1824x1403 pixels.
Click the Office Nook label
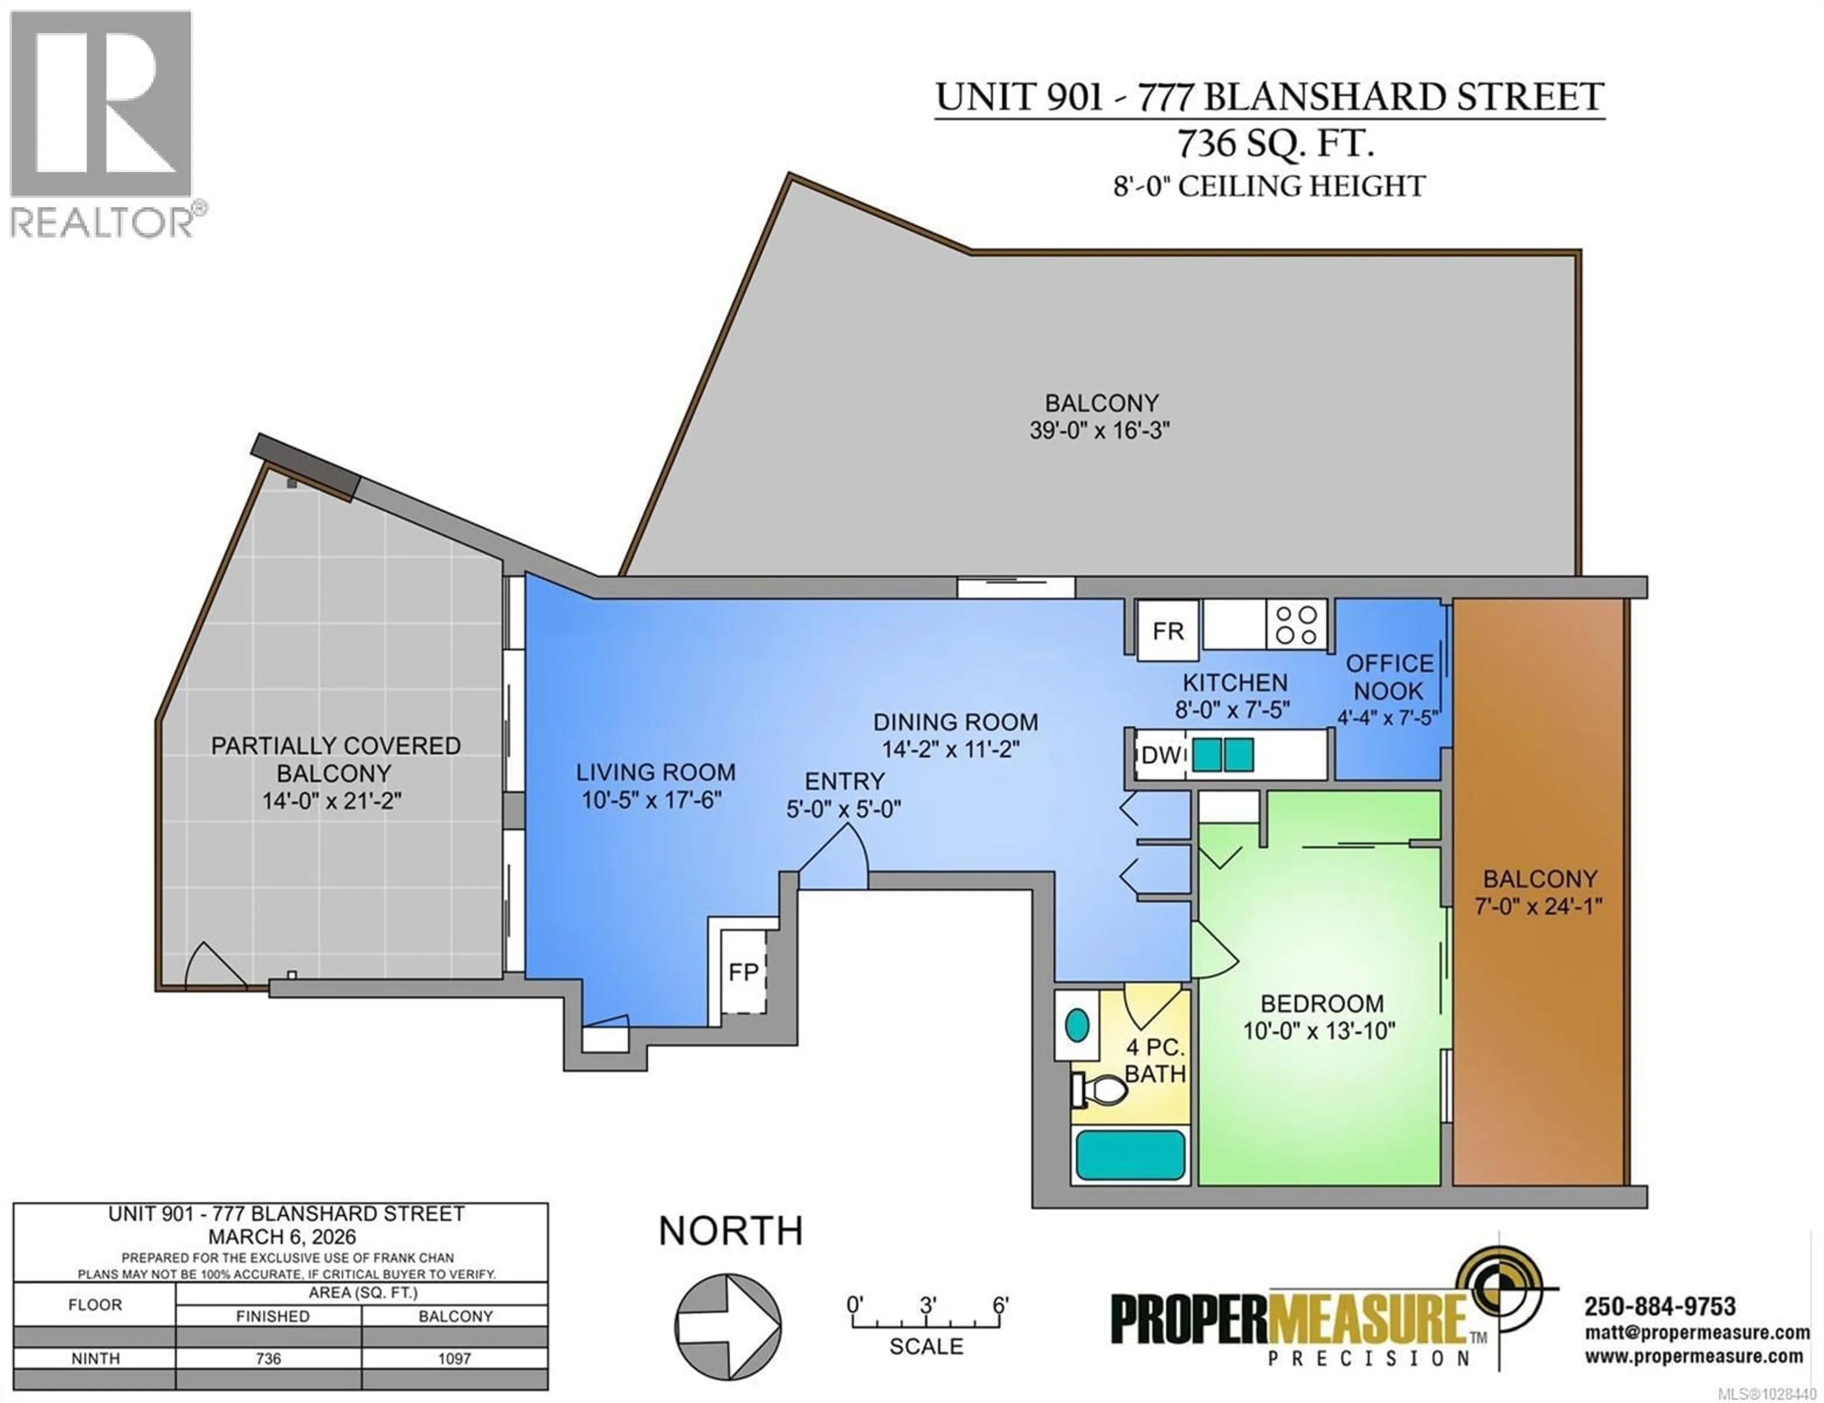1389,677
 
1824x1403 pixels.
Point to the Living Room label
655,772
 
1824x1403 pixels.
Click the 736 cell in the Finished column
269,1359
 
